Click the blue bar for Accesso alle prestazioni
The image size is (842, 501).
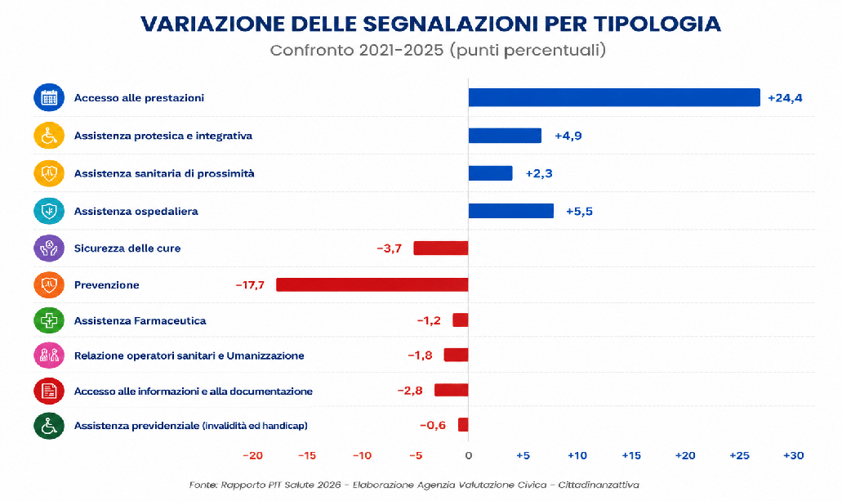point(614,97)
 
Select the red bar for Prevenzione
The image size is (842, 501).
point(372,285)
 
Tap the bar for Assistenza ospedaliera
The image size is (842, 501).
point(511,211)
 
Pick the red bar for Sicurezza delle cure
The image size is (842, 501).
point(441,248)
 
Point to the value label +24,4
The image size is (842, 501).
point(785,98)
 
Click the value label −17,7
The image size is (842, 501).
point(250,285)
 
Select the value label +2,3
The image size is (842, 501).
point(539,173)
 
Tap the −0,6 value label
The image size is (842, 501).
point(433,425)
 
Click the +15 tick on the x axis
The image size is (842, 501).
point(631,455)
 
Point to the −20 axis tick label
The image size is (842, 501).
point(253,455)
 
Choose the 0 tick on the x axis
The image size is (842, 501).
point(469,455)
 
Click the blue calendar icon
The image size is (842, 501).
point(49,97)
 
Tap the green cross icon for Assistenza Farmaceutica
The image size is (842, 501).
point(49,320)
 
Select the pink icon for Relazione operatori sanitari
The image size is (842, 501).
point(49,356)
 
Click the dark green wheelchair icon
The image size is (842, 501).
point(49,426)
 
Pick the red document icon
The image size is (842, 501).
point(49,391)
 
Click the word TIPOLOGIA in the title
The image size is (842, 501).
point(657,24)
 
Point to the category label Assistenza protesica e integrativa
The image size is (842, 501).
point(163,136)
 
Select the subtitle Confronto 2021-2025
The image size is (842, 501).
point(357,50)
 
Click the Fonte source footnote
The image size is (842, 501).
point(414,485)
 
